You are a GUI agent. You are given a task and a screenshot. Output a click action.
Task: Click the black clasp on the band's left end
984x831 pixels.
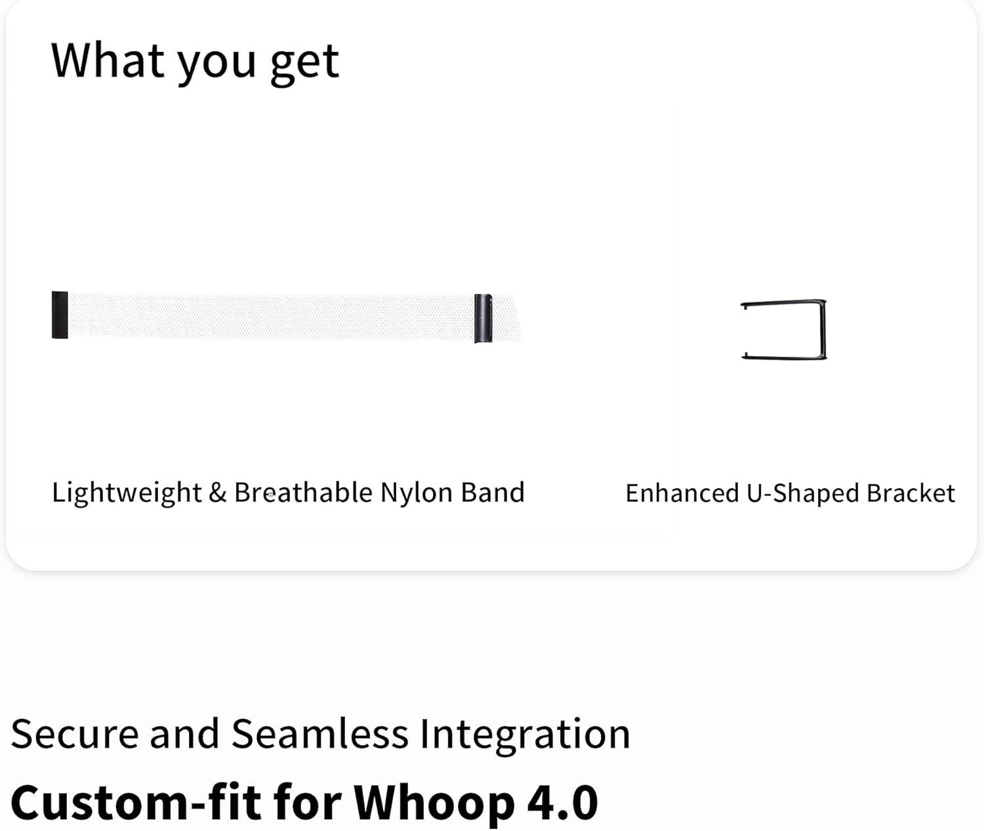[x=60, y=315]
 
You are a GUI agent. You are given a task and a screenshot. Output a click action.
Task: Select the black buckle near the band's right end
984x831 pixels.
[x=483, y=319]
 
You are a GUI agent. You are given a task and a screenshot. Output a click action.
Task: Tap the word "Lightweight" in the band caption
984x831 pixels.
[x=127, y=493]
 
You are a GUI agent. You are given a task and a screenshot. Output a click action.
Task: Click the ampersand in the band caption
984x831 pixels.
[x=217, y=493]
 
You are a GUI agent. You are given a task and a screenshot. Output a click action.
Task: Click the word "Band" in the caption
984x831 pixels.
[x=493, y=493]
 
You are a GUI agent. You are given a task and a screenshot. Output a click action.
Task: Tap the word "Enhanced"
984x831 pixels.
[x=682, y=493]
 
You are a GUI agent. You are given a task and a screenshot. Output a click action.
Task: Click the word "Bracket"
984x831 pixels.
[x=911, y=493]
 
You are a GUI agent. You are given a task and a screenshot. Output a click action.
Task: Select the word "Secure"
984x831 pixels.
[x=75, y=735]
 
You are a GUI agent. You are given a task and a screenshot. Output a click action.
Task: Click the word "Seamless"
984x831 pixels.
[x=320, y=735]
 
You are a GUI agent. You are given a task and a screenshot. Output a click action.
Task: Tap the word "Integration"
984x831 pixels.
[x=525, y=737]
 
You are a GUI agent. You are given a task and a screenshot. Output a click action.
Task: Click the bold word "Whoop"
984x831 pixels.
[x=434, y=805]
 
